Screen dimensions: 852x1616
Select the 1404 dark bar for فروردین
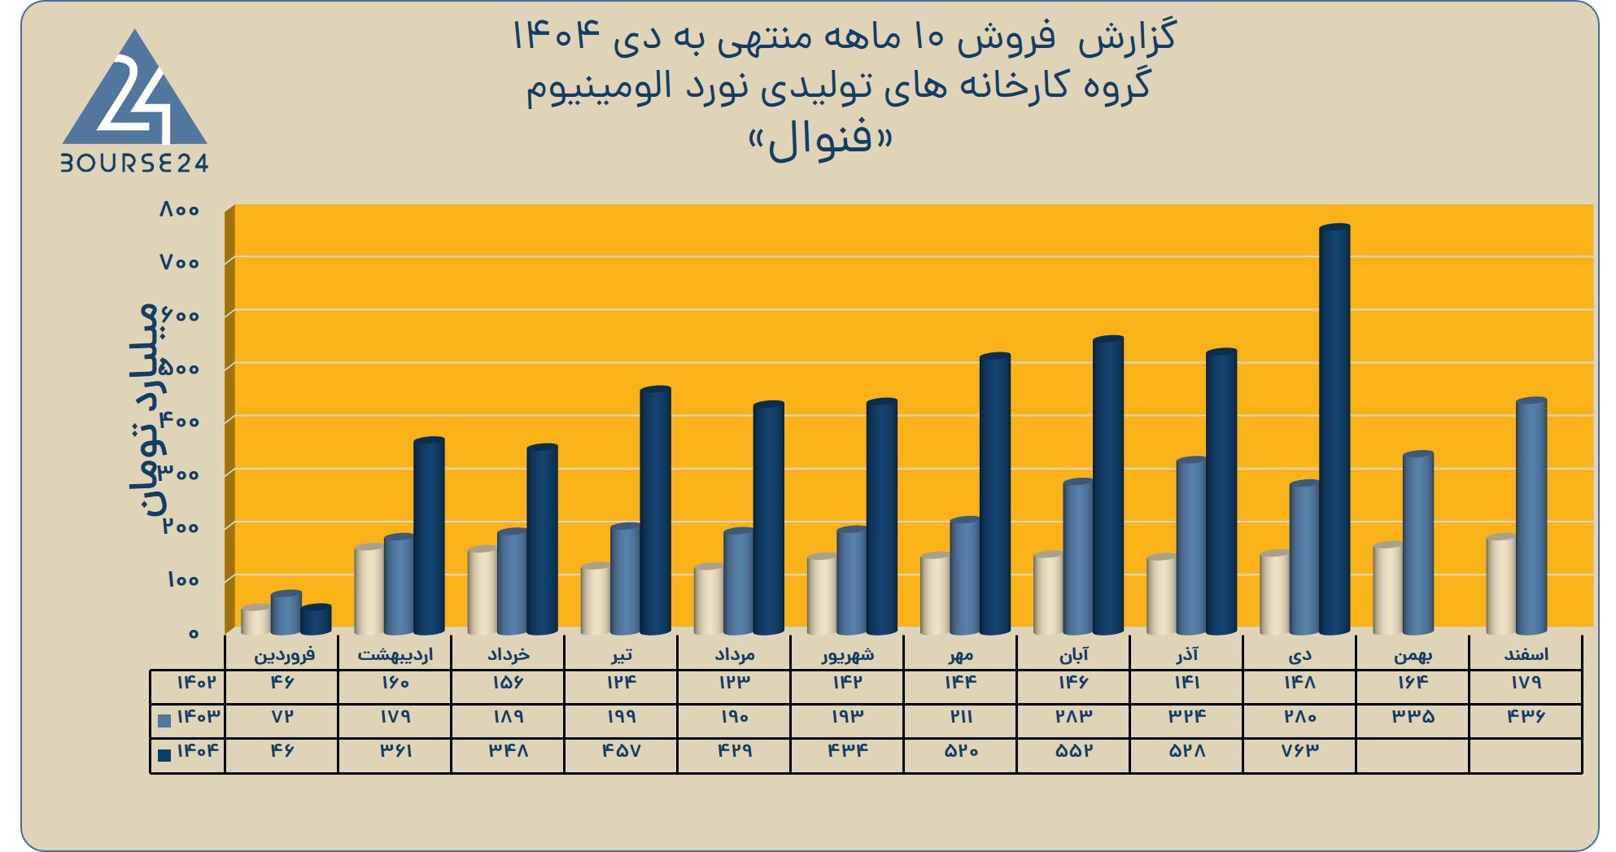coord(316,620)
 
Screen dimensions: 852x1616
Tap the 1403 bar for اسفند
coord(1531,517)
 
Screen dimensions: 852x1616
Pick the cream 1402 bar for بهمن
coord(1387,589)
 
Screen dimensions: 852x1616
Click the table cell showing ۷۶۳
coord(1299,750)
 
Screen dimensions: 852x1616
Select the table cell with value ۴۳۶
coord(1526,717)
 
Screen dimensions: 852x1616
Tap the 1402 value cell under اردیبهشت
coord(395,683)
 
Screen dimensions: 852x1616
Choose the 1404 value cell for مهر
coord(960,750)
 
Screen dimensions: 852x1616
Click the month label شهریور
coord(847,654)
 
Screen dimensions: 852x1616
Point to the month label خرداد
coord(509,654)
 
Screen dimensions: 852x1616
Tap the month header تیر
coord(622,654)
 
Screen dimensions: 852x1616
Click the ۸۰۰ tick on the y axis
coord(179,210)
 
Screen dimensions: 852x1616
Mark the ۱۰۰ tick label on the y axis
coord(182,580)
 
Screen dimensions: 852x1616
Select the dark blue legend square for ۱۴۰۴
coord(164,754)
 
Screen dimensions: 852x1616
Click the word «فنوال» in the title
coord(820,142)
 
